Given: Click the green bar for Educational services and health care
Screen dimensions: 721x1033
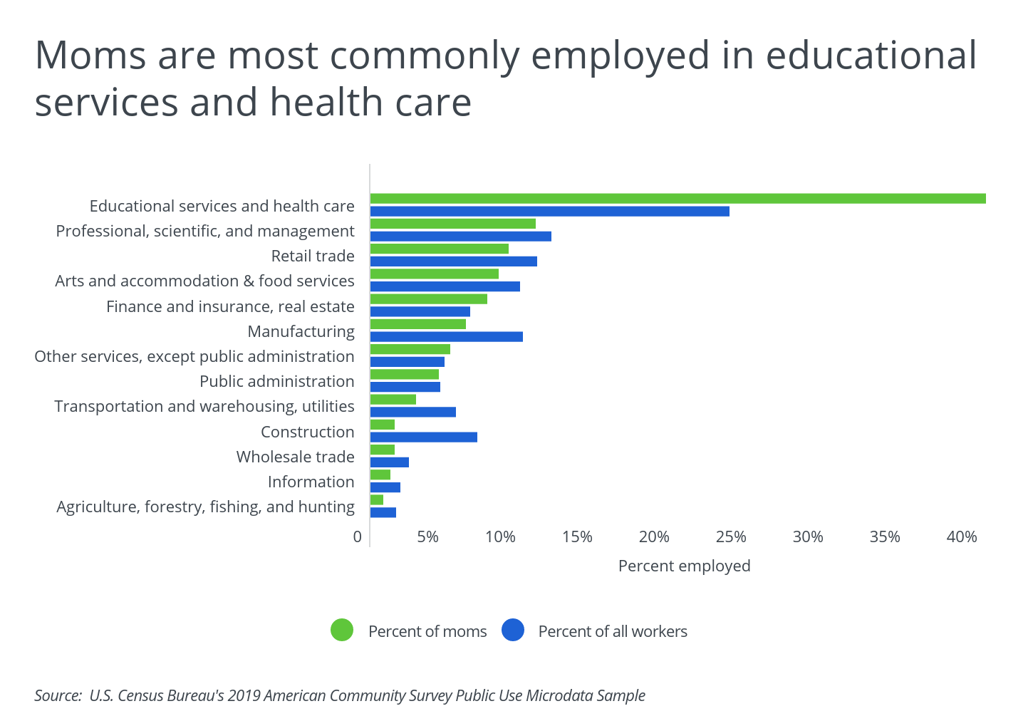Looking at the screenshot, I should (677, 199).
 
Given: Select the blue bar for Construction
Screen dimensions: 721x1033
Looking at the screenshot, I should (423, 437).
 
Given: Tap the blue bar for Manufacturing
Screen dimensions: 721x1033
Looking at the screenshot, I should (446, 337).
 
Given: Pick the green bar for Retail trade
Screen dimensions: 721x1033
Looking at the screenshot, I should (439, 249).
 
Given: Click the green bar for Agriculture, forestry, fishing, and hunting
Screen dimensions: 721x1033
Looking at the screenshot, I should (377, 500).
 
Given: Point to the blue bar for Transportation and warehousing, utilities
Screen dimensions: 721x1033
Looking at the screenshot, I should (412, 413).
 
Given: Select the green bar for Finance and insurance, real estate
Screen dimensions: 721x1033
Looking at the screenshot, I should (428, 299).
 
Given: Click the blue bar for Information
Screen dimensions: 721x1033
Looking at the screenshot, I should (385, 487).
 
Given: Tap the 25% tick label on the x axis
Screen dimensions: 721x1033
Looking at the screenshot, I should (731, 537).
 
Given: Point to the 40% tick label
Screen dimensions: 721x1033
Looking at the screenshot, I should (961, 537).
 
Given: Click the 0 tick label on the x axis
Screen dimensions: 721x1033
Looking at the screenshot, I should (358, 537).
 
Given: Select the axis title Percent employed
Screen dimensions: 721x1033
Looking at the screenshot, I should (684, 566).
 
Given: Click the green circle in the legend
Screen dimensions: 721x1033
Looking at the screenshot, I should (342, 631).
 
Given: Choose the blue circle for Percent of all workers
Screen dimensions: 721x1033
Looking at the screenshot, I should (513, 631).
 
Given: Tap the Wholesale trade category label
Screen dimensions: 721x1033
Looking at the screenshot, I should (295, 457).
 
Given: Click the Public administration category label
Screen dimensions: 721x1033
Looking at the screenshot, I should (276, 382).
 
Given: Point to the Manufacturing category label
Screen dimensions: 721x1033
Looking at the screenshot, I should (301, 331).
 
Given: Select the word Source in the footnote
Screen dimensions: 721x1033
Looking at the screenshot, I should (57, 696).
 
